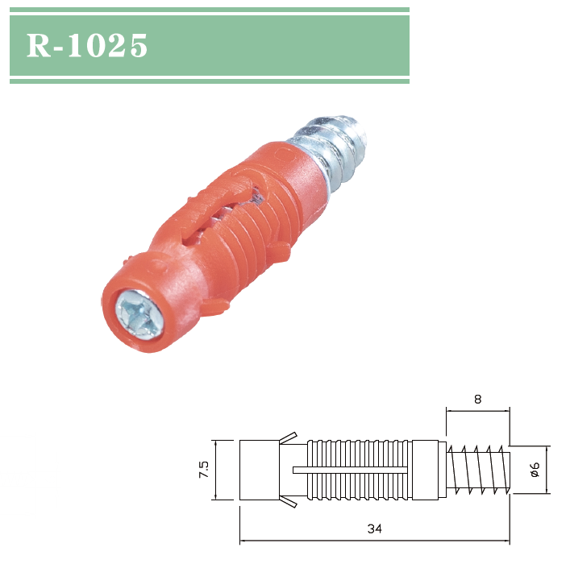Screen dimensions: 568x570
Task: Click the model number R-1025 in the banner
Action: click(x=87, y=46)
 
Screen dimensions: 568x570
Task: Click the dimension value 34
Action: click(x=373, y=529)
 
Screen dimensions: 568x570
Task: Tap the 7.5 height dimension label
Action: click(x=203, y=470)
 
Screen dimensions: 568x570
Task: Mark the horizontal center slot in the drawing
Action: click(x=355, y=470)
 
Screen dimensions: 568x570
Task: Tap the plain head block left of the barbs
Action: click(x=258, y=470)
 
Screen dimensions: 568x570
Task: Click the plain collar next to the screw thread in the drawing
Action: click(x=429, y=470)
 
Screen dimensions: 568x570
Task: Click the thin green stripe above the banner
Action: click(x=209, y=10)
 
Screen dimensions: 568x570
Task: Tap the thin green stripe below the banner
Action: click(x=209, y=81)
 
